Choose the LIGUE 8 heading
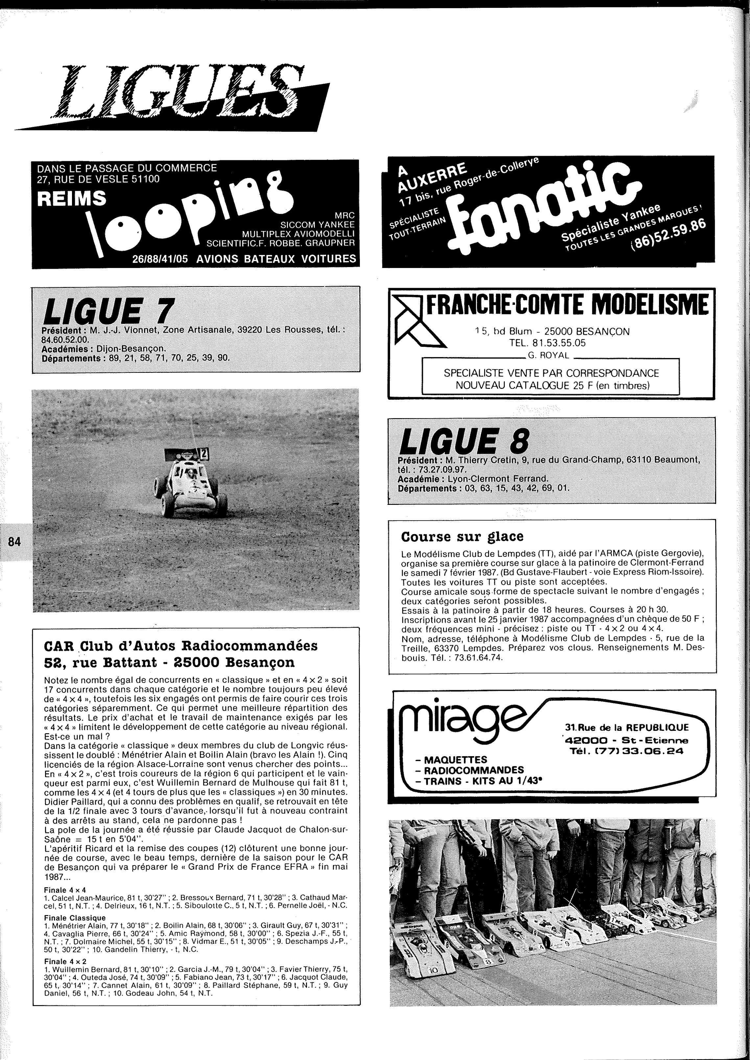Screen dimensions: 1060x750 point(464,441)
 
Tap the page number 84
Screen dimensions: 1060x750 point(14,542)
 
